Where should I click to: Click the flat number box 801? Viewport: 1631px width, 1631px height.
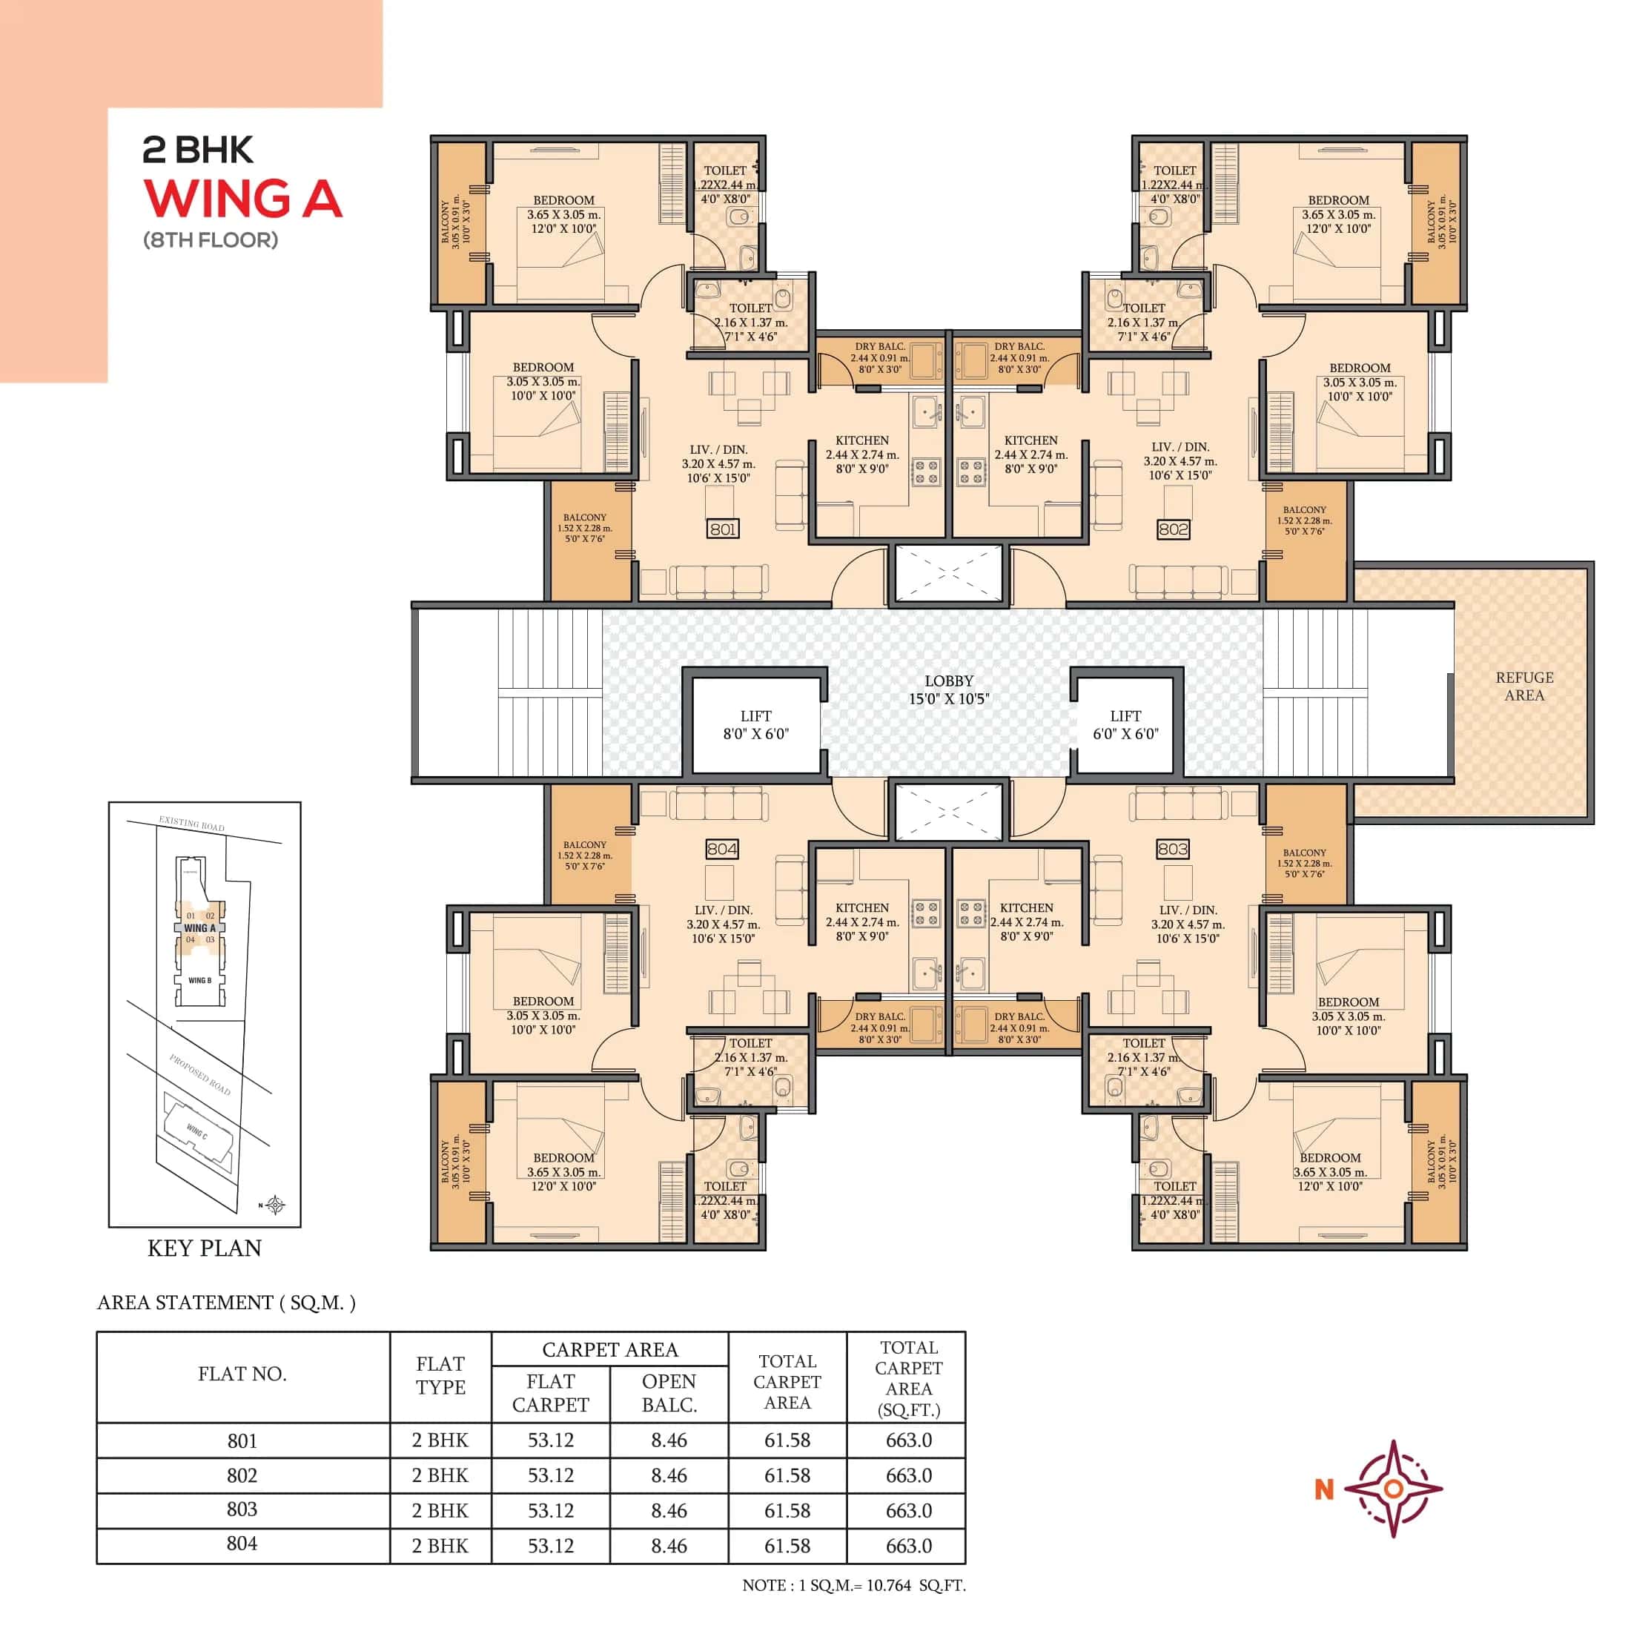723,529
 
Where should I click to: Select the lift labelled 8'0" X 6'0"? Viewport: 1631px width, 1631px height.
755,725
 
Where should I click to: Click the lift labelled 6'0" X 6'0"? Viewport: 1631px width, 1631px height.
1125,725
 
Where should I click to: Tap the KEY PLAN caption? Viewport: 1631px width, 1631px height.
205,1248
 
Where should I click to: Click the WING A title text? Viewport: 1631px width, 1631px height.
243,199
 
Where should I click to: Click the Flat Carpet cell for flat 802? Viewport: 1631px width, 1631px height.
550,1475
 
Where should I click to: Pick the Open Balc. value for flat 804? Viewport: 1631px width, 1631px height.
669,1546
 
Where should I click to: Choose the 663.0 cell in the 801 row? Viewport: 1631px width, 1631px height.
908,1440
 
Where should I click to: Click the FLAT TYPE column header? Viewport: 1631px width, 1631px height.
440,1375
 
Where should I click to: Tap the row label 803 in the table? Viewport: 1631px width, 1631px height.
242,1509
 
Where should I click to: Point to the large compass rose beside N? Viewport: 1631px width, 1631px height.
1393,1489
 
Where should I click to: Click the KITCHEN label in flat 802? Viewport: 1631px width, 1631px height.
1030,440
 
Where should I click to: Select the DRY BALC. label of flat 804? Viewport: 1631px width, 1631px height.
880,1016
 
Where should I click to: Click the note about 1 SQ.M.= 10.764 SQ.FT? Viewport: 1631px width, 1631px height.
853,1586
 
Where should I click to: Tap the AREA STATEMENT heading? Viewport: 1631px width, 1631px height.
226,1303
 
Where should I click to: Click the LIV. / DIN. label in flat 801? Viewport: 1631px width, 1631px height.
718,450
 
